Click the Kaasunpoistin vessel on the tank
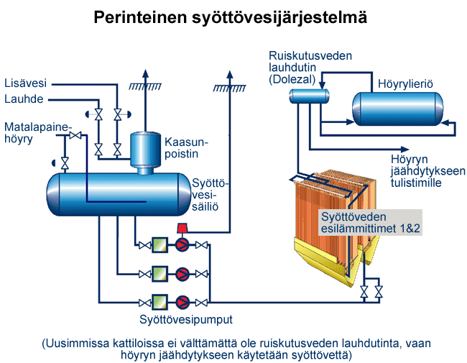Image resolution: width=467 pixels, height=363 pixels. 145,150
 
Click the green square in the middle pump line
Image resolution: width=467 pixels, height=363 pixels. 158,274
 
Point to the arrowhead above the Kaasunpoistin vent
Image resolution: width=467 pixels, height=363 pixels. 145,75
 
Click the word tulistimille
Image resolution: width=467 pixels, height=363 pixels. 416,183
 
